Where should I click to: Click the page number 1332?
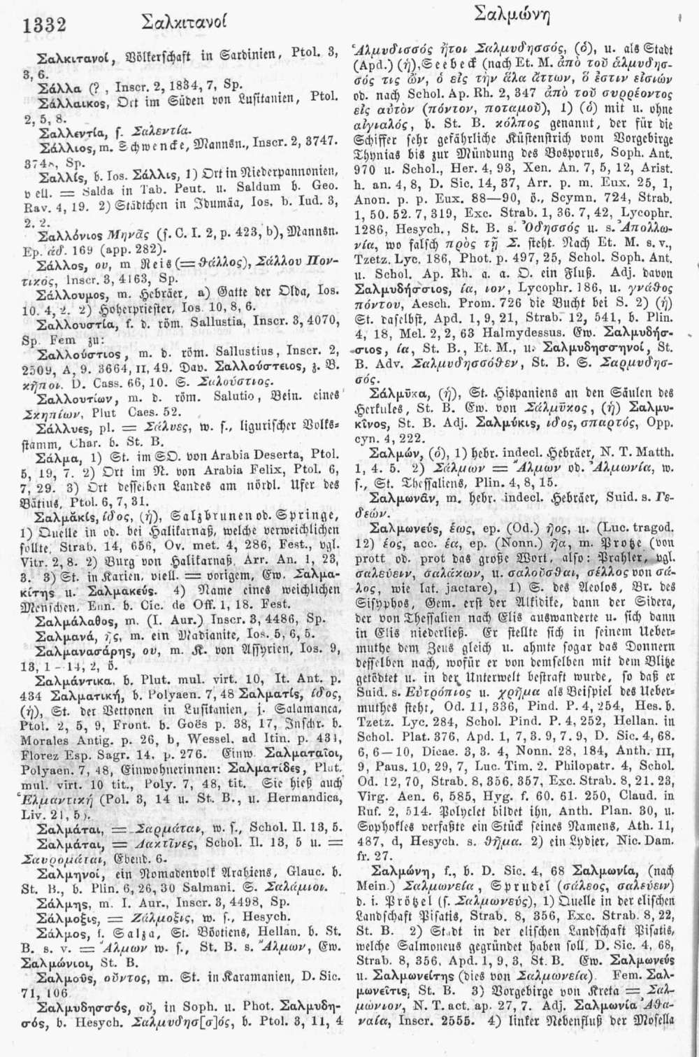tap(43, 24)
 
